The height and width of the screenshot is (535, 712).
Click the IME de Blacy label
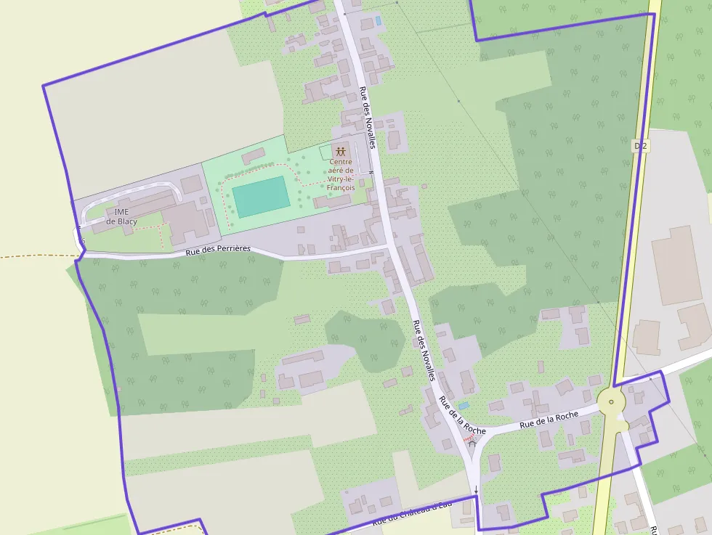click(x=121, y=216)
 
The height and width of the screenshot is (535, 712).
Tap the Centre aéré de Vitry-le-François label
click(x=341, y=174)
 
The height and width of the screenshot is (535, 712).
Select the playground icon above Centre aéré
click(x=340, y=152)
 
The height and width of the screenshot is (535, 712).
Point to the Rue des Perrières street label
click(x=217, y=250)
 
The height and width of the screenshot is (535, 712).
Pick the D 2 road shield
click(x=639, y=147)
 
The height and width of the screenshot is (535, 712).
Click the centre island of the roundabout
click(x=611, y=401)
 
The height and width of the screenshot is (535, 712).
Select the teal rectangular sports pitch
click(x=261, y=196)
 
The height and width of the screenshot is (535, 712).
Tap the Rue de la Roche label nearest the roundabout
click(x=549, y=419)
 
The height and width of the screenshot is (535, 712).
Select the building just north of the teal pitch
click(x=254, y=155)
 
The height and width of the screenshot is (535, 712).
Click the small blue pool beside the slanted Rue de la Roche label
click(x=464, y=405)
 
